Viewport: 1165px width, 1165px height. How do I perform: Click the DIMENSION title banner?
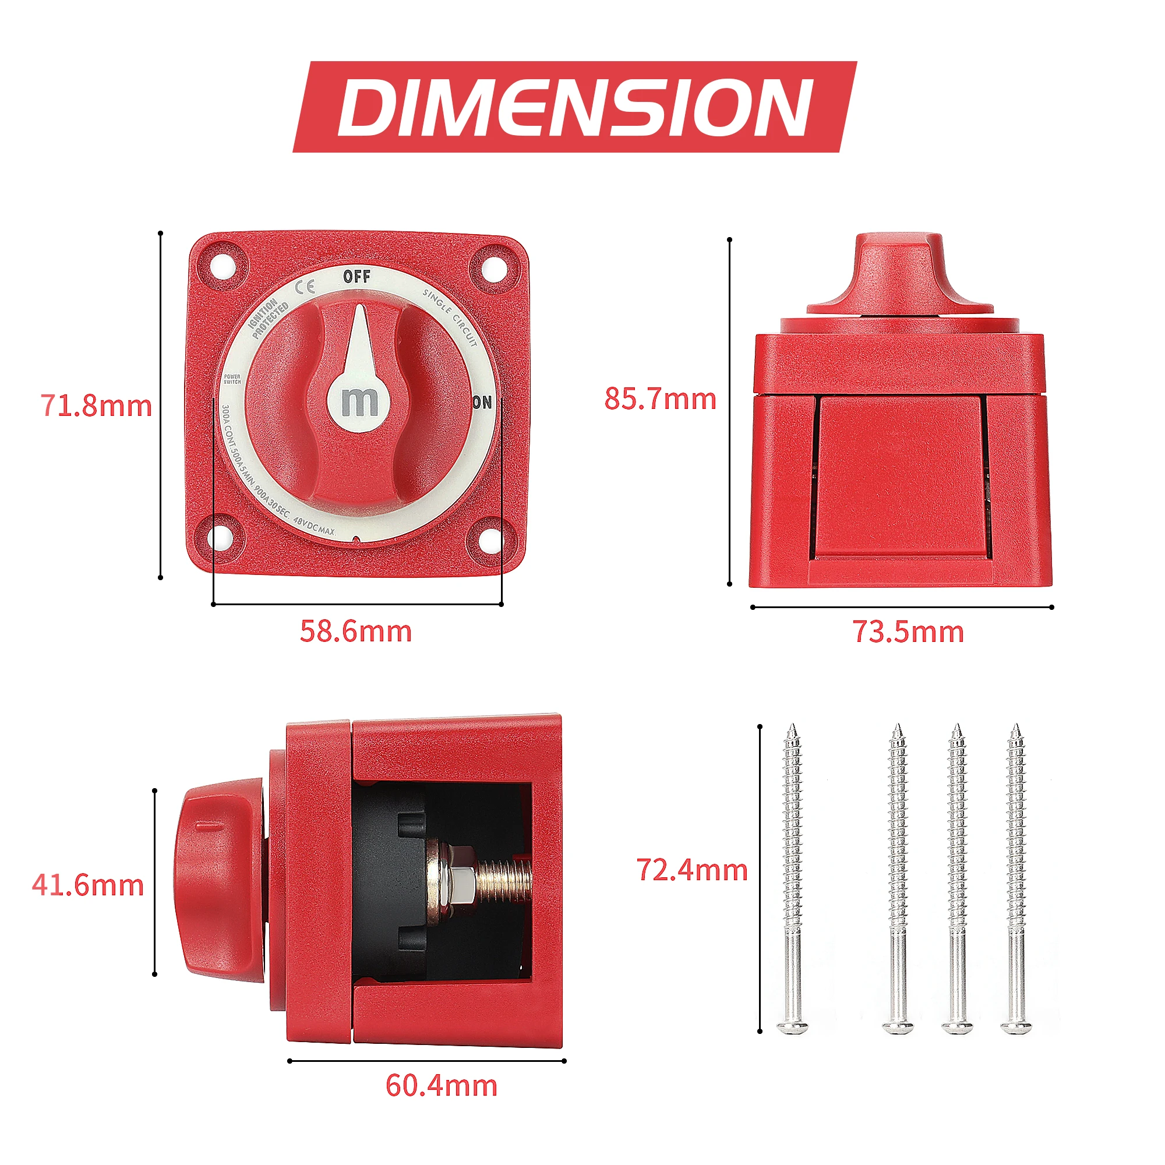click(x=575, y=107)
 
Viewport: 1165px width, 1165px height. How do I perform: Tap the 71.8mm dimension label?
click(x=97, y=405)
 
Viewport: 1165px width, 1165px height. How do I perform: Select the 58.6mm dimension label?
click(x=356, y=631)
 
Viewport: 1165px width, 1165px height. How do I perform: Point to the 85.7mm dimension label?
click(x=661, y=398)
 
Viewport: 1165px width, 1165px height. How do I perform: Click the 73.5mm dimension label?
click(x=908, y=632)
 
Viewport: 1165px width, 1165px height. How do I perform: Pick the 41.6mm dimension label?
click(x=88, y=885)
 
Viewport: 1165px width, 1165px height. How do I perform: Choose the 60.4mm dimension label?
click(x=442, y=1085)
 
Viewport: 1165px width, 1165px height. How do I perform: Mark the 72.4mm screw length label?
click(x=692, y=870)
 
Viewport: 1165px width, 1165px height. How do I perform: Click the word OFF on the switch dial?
click(x=356, y=277)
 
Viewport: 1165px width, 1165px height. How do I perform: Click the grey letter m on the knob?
click(x=359, y=402)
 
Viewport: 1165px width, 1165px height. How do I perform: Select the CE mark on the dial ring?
click(x=306, y=287)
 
